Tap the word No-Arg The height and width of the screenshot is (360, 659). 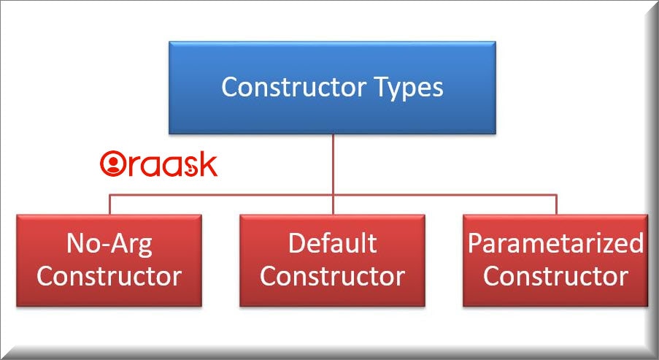pos(109,244)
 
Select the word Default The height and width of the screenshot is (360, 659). pos(332,242)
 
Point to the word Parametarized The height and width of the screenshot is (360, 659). pos(555,243)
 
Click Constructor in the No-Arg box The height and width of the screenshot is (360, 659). pos(109,276)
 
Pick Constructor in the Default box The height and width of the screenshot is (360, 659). pos(333,276)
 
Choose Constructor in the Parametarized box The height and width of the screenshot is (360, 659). pos(555,276)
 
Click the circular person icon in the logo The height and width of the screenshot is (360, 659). pos(113,164)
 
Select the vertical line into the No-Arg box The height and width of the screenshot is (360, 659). pos(109,204)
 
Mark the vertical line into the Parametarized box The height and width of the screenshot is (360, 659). pos(556,204)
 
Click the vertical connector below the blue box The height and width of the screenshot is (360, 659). pos(333,174)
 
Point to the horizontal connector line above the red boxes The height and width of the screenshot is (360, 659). pos(333,195)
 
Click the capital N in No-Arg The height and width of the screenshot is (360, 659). pos(75,243)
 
